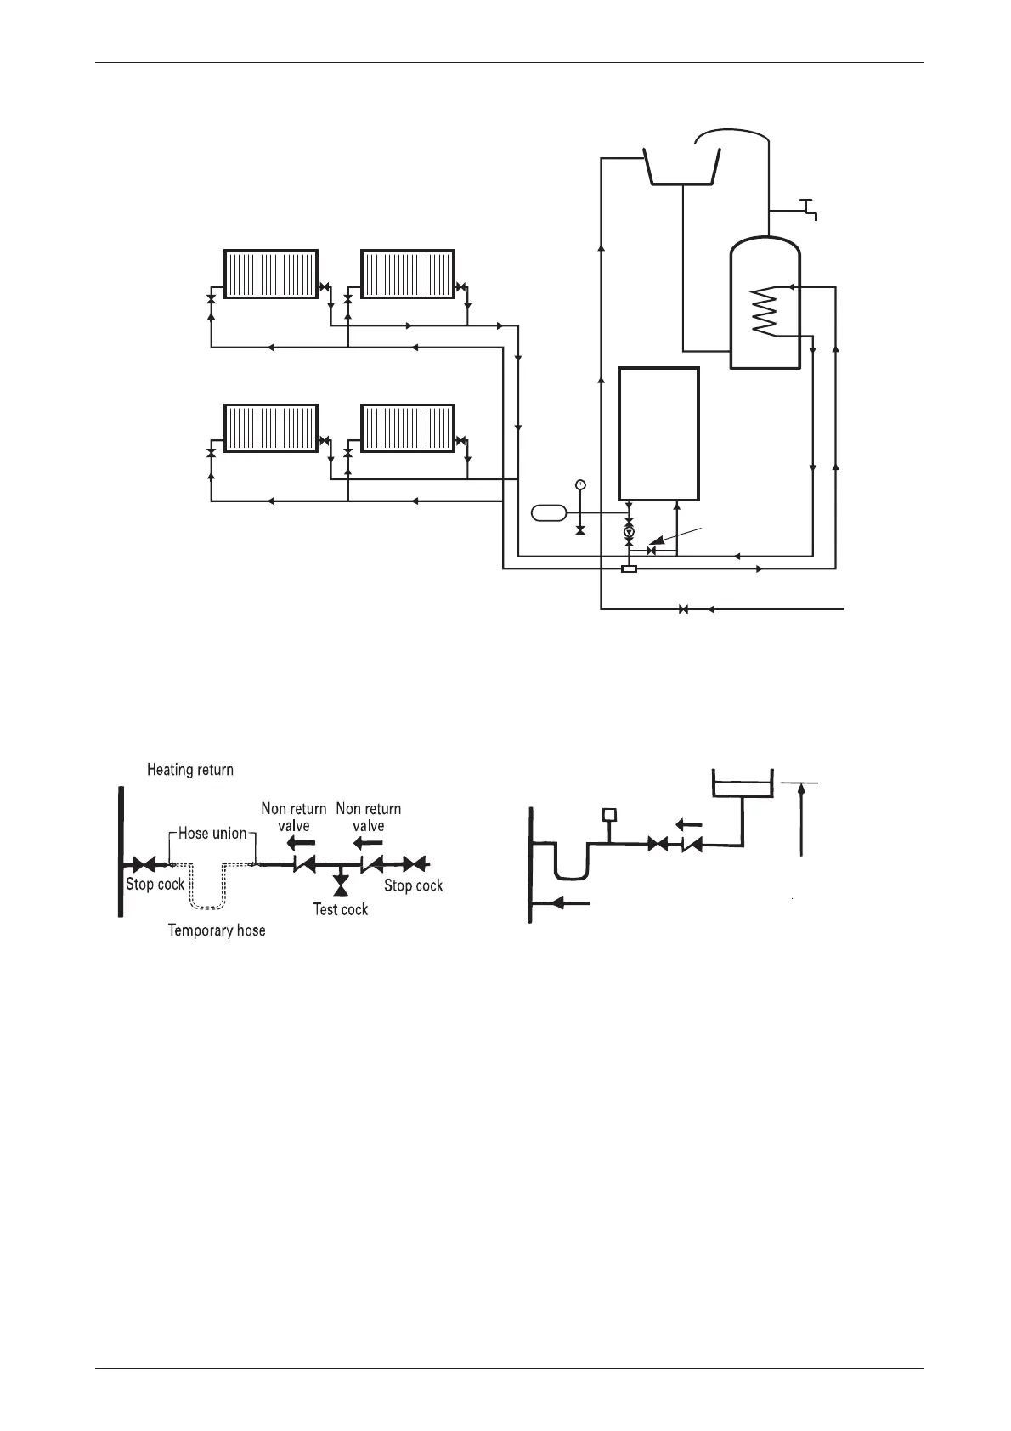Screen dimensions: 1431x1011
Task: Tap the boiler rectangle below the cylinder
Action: tap(659, 433)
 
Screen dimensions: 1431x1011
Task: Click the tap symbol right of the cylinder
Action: tap(809, 206)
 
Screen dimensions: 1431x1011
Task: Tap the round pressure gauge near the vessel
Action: tap(579, 484)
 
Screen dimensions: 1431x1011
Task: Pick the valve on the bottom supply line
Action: tap(683, 608)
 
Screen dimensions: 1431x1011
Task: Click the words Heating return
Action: tap(190, 770)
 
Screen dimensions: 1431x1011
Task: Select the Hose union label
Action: tap(212, 834)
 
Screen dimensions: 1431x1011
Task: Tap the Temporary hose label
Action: tap(217, 930)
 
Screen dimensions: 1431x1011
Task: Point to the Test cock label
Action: tap(341, 909)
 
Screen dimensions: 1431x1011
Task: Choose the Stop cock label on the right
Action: tap(414, 885)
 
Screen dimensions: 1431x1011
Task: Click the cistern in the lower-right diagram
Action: tap(741, 783)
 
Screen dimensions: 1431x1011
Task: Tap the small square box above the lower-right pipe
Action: tap(608, 815)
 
